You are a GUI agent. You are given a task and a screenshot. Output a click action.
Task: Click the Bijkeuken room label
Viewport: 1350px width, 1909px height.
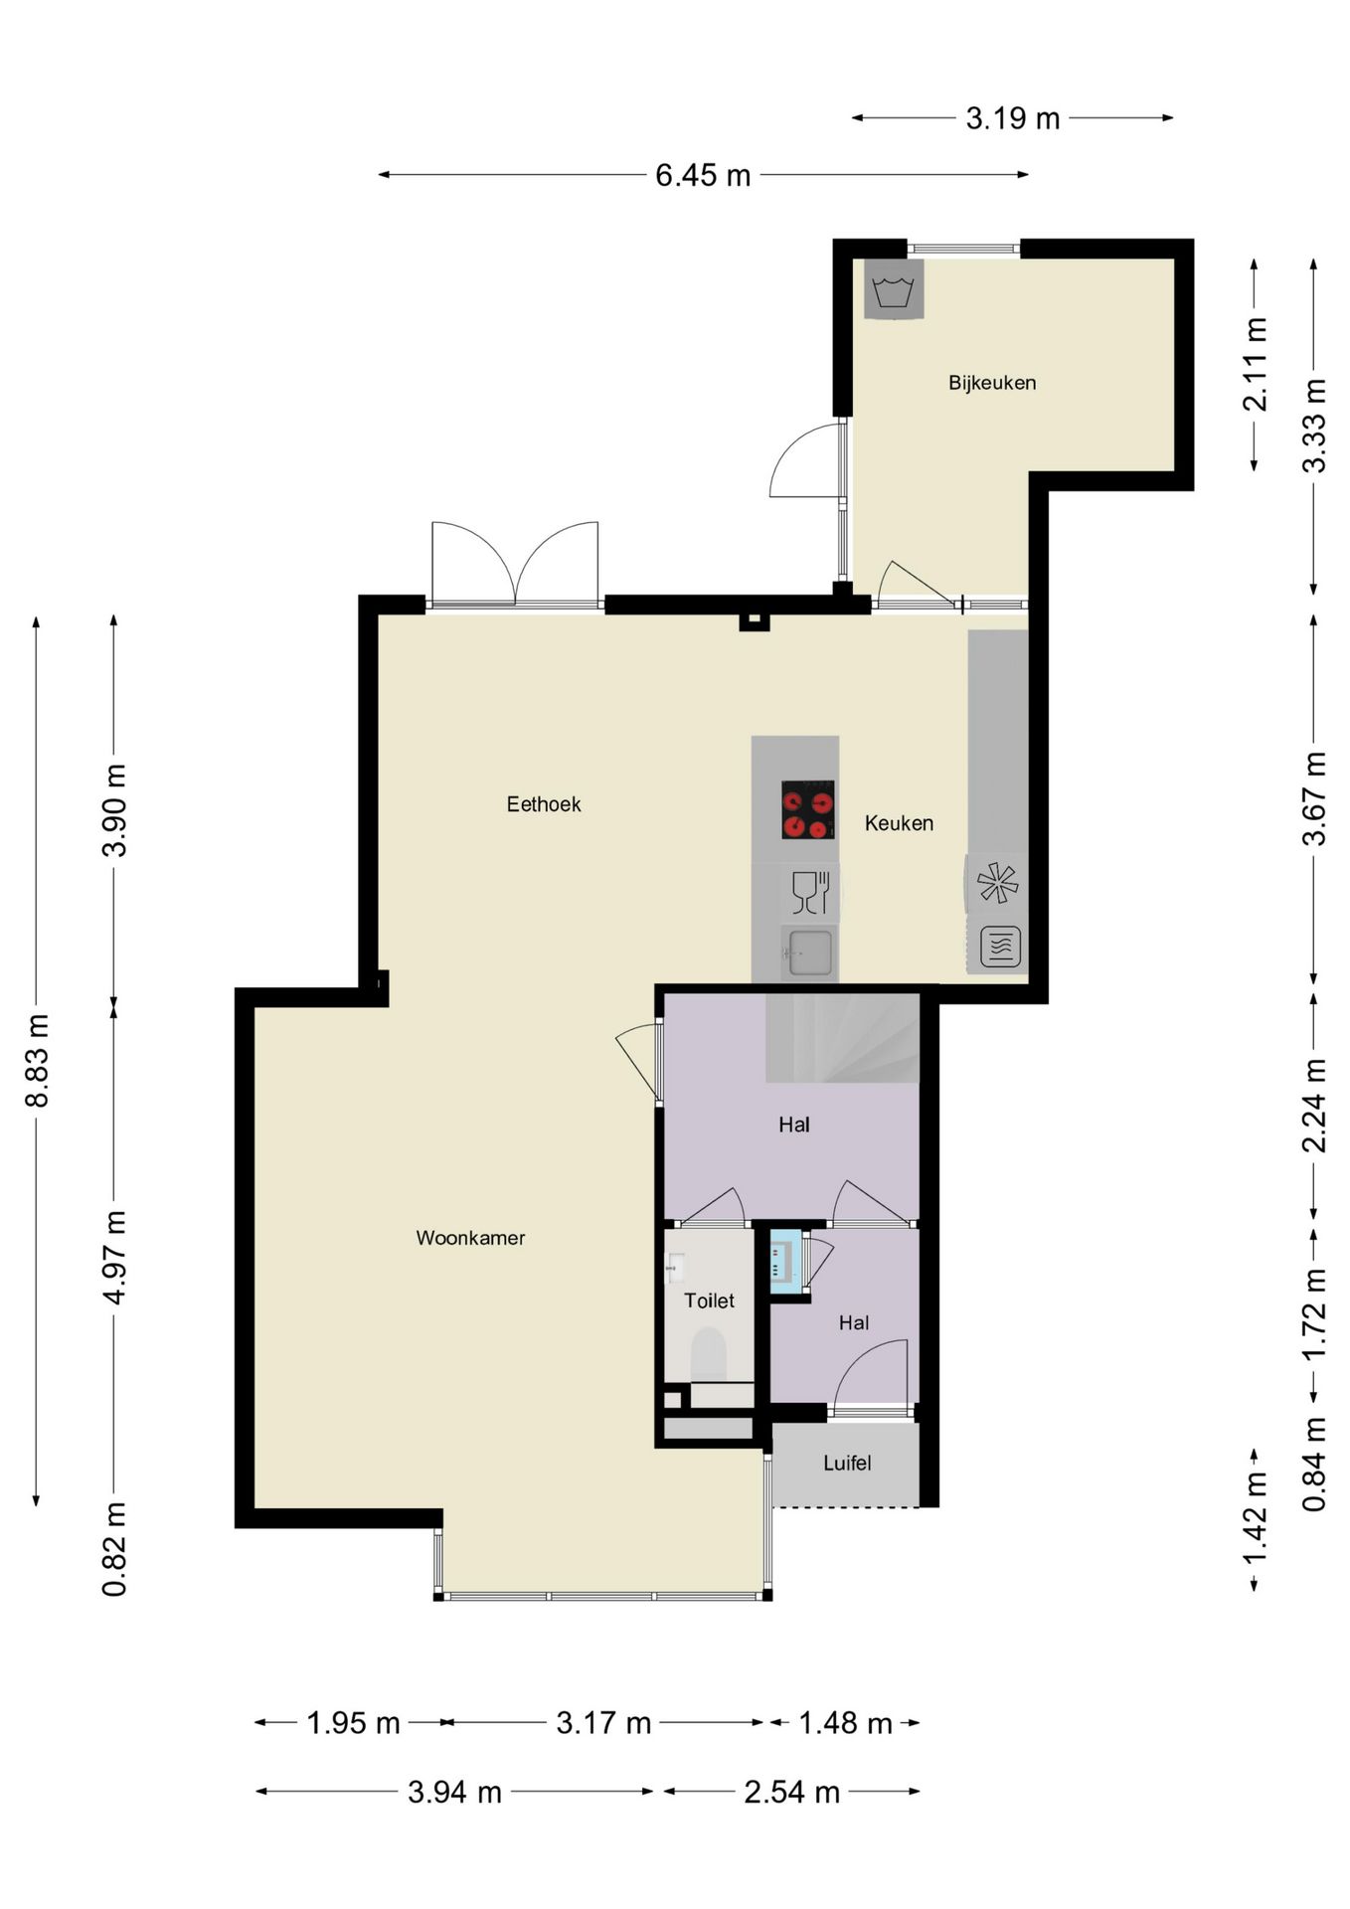tap(992, 383)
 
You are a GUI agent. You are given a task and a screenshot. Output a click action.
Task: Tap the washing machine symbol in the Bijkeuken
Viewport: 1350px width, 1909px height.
tap(894, 289)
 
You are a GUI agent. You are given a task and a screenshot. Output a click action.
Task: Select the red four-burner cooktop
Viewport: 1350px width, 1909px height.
tap(807, 809)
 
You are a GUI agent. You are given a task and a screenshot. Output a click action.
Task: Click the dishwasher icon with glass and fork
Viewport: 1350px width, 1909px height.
tap(810, 892)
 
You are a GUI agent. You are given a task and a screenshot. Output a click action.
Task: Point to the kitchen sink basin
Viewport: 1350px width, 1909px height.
tap(809, 953)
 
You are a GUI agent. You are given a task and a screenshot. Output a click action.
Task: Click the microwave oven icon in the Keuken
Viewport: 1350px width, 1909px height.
tap(1000, 947)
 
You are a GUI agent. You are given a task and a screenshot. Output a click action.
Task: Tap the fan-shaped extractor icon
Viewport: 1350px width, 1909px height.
tap(997, 883)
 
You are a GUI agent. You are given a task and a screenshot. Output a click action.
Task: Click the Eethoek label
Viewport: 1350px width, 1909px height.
tap(544, 804)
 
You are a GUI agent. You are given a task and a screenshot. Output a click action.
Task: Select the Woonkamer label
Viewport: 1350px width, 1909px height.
tap(470, 1238)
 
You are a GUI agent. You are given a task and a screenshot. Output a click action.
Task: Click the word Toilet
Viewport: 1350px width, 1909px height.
tap(709, 1301)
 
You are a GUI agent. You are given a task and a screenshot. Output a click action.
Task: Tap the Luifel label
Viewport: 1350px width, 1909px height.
tap(847, 1463)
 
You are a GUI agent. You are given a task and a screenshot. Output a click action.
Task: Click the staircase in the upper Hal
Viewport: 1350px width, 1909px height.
tap(842, 1039)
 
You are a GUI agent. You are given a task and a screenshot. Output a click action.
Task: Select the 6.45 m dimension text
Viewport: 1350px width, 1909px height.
tap(703, 175)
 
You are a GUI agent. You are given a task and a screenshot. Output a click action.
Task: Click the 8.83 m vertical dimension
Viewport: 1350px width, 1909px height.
tap(37, 1060)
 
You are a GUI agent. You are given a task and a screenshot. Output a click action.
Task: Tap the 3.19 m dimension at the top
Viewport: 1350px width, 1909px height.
tap(1013, 118)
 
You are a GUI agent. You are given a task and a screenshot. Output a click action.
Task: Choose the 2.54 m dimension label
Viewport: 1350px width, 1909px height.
tap(792, 1792)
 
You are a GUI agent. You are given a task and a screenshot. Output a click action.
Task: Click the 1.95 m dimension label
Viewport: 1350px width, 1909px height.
tap(353, 1722)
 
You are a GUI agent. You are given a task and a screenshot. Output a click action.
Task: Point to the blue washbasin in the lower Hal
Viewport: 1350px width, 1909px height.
tap(785, 1262)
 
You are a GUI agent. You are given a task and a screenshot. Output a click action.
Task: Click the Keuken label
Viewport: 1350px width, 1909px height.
tap(899, 823)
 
